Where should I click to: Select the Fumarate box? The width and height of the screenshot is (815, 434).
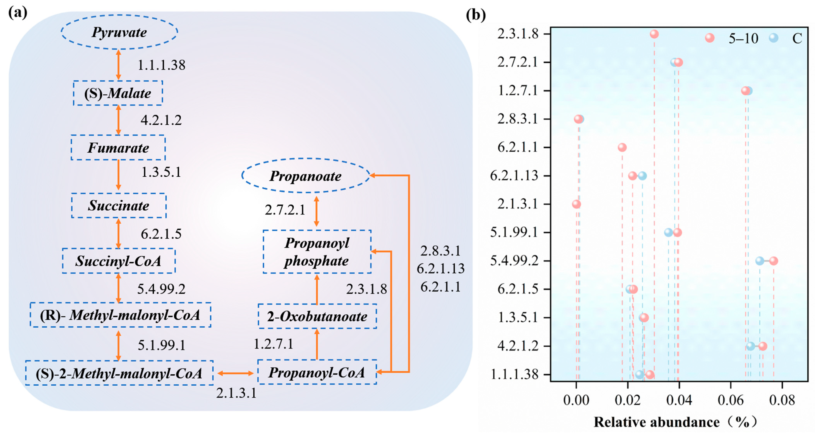click(118, 148)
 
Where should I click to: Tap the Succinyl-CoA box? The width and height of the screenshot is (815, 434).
click(119, 261)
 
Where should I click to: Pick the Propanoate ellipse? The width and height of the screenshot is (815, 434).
click(306, 175)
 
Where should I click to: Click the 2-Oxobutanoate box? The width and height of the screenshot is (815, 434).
click(317, 316)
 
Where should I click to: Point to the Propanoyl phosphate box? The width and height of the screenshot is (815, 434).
click(317, 252)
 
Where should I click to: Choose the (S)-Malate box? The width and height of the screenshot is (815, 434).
click(118, 93)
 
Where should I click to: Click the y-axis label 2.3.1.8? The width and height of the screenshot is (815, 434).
click(518, 34)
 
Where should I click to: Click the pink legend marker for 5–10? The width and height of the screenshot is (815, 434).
click(710, 38)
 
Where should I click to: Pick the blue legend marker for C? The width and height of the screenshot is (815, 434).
click(773, 38)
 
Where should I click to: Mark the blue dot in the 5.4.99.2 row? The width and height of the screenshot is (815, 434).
click(760, 261)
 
